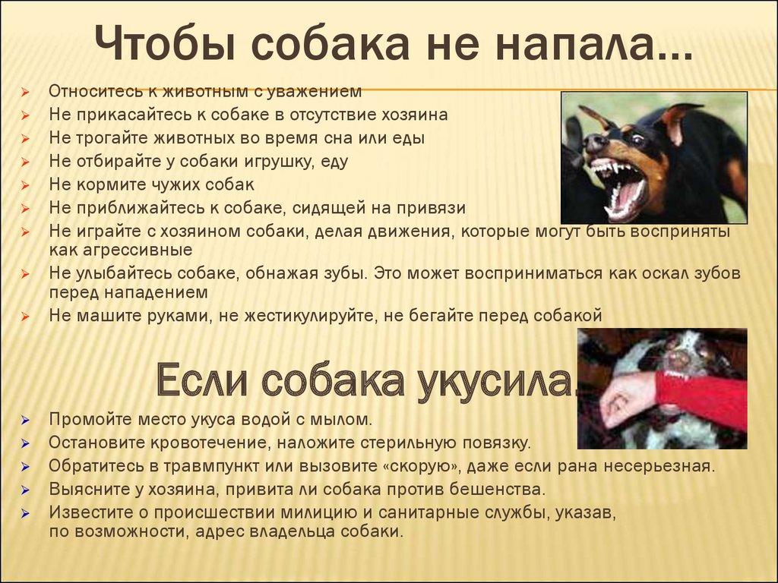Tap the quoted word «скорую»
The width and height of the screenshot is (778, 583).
pos(419,465)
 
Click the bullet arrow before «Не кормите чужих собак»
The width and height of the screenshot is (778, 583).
pos(25,185)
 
